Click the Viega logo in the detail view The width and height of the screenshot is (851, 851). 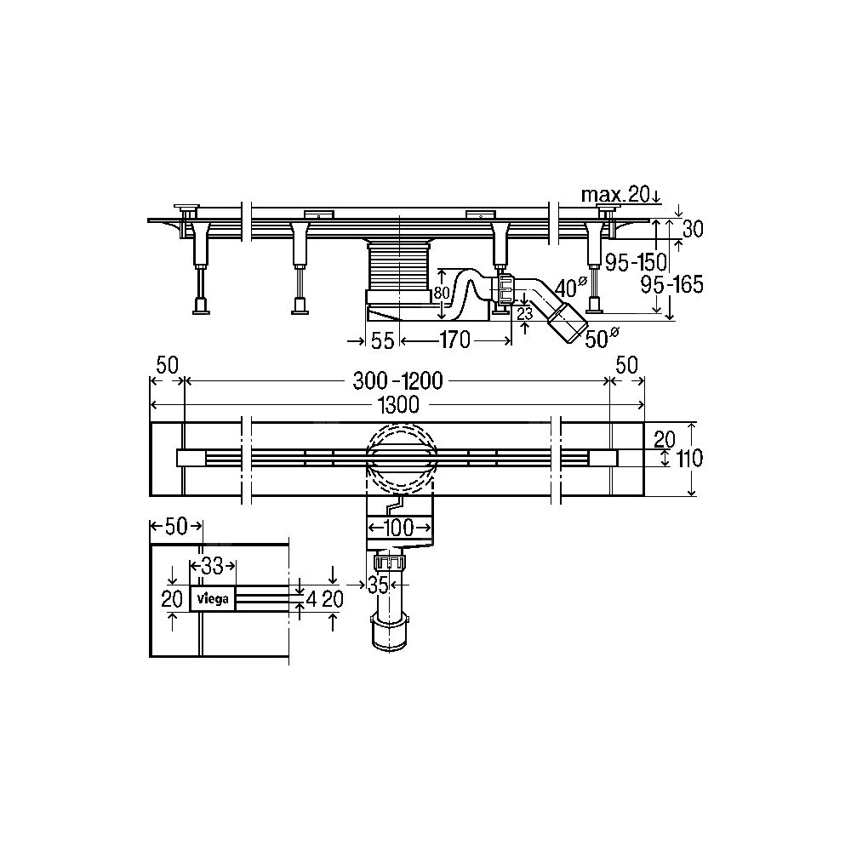coord(212,599)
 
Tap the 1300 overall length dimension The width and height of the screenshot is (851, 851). coord(399,405)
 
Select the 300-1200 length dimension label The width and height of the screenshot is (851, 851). coord(397,381)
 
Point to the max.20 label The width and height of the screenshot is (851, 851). coord(615,194)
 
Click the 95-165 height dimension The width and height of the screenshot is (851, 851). coord(672,284)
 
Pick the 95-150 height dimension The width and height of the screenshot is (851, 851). coord(636,263)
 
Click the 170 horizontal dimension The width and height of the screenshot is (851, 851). coord(454,340)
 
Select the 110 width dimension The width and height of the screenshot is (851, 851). coord(689,460)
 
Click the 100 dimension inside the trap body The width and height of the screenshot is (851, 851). coord(399,527)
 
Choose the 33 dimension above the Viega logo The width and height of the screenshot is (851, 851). coord(212,566)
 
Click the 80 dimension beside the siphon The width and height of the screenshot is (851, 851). coord(442,293)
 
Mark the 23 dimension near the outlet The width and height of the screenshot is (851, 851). coord(525,314)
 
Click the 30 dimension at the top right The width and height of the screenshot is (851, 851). coord(693,230)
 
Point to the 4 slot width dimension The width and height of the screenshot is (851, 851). coord(311,599)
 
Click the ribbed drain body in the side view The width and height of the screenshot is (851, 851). coord(399,266)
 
